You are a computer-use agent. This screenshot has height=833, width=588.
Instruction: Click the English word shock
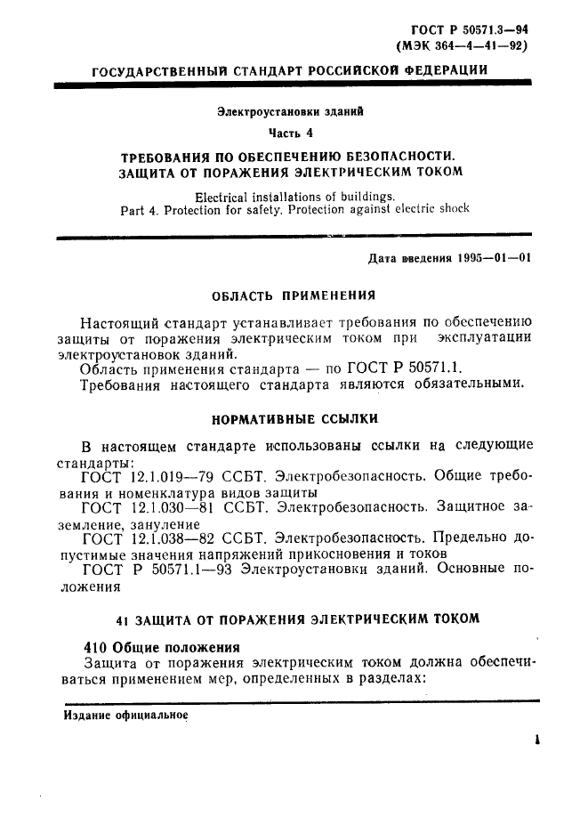click(449, 210)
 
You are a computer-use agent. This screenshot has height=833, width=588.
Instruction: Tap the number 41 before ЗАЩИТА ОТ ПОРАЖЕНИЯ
click(125, 617)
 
